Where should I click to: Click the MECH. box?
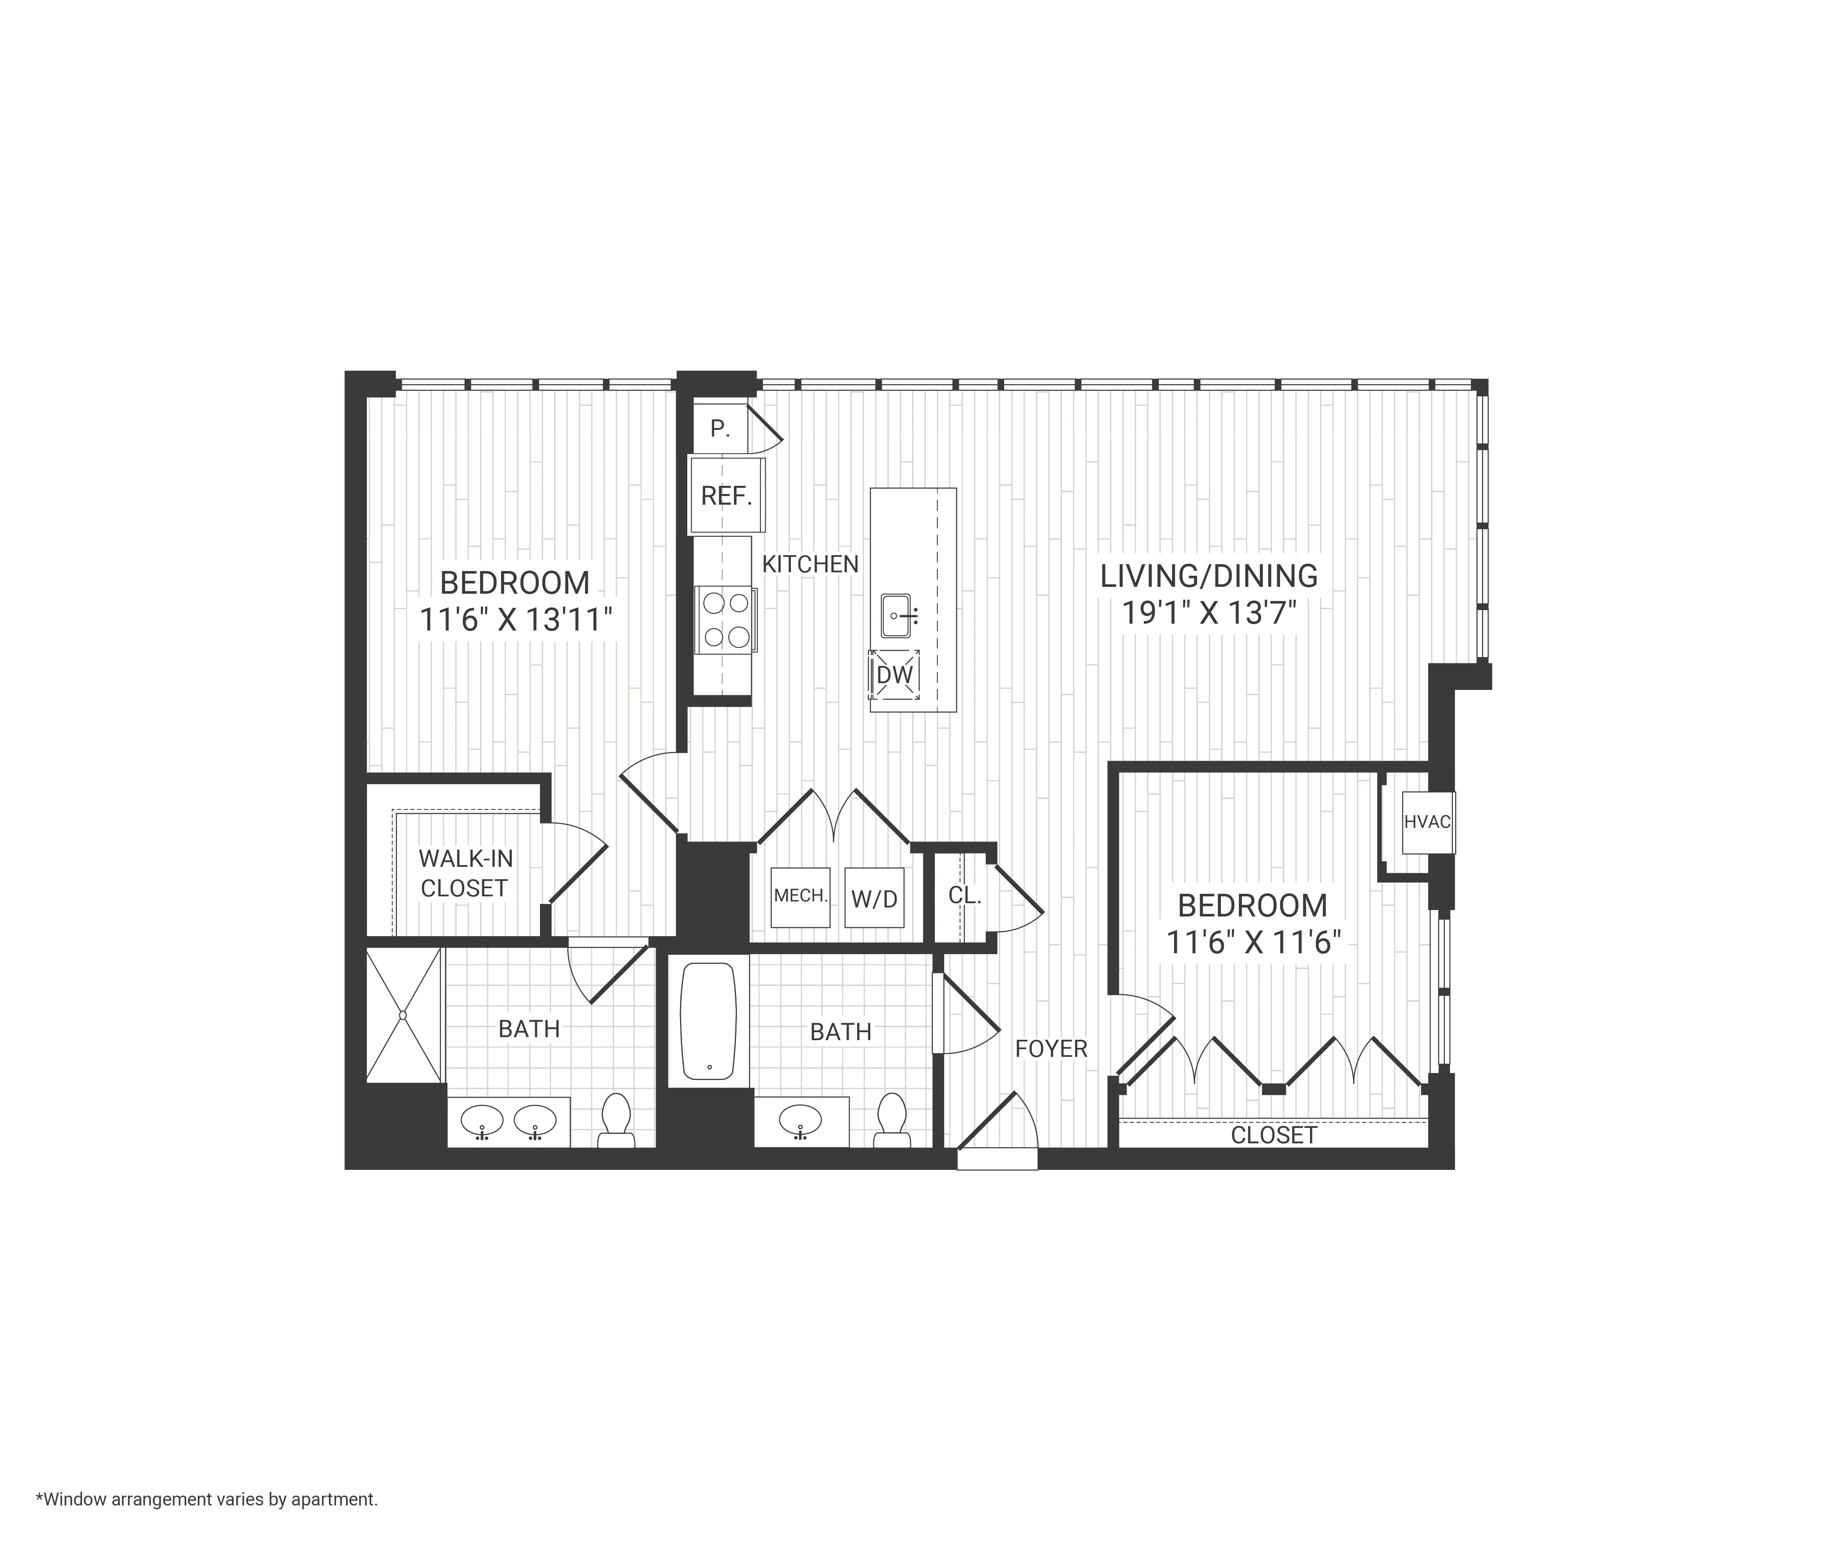[799, 896]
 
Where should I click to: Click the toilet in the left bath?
[617, 1120]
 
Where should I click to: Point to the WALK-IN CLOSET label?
[465, 873]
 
